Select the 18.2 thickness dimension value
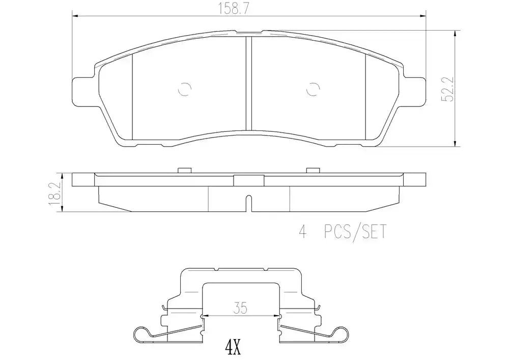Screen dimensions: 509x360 point(55,193)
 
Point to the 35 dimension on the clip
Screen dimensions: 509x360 point(240,308)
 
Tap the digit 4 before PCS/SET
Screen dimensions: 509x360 point(302,232)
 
